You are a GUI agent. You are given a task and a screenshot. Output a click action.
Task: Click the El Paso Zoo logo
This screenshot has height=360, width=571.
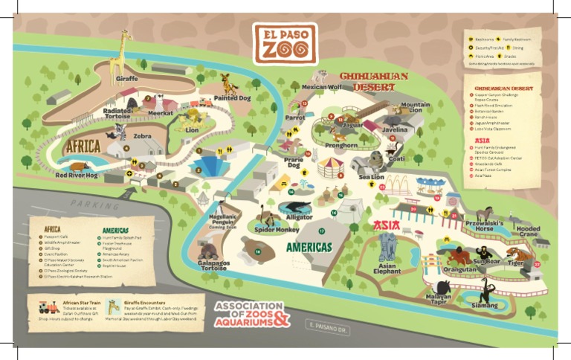pos(285,43)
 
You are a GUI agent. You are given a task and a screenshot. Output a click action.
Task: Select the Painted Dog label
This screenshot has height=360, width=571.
pos(232,97)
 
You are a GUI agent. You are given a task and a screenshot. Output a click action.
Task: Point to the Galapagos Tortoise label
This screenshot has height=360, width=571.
pos(213,266)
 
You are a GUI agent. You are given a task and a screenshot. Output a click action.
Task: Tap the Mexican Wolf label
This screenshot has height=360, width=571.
pos(322,87)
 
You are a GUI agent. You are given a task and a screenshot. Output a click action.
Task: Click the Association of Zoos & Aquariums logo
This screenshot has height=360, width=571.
pos(251,314)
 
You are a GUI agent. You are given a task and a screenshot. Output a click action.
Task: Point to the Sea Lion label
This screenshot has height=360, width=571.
pos(371,178)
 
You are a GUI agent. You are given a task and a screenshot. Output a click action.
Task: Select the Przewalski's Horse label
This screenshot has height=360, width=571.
pos(483,225)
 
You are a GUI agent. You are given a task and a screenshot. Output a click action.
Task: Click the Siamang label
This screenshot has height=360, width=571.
pos(485,305)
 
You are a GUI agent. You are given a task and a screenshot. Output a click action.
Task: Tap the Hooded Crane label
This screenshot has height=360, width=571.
pos(528,231)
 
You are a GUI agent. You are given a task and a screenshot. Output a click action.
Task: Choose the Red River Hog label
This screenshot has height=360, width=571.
pos(77,176)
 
